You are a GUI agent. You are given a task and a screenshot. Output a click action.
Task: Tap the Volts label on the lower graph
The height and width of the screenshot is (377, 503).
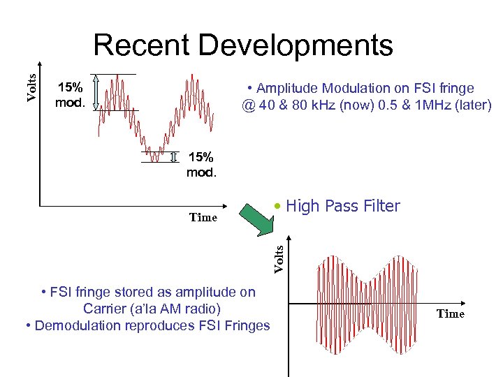click(278, 257)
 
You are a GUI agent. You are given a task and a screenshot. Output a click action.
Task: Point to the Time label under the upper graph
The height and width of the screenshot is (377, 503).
click(203, 217)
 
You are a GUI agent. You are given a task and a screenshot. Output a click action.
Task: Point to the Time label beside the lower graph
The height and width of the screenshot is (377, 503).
click(451, 314)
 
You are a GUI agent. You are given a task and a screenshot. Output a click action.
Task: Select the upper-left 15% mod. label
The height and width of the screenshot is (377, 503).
click(70, 96)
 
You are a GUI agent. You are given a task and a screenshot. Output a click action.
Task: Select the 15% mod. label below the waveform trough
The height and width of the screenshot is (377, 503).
click(201, 164)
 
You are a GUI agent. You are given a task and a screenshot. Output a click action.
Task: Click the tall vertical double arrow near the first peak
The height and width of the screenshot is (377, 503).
click(96, 91)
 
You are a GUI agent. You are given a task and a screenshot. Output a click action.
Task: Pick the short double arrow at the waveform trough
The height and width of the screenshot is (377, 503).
click(173, 156)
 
